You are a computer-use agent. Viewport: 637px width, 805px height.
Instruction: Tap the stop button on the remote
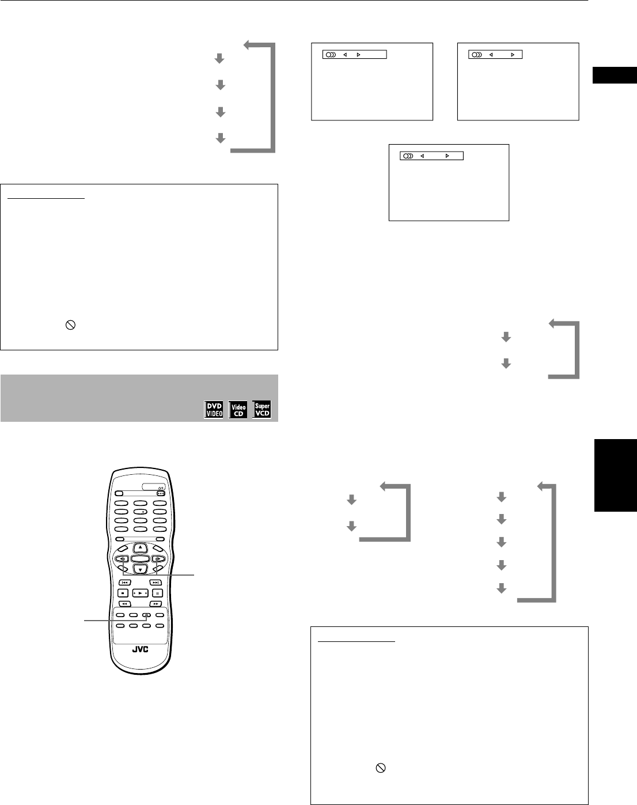click(123, 593)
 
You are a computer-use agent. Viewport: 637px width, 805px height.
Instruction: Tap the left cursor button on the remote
click(123, 558)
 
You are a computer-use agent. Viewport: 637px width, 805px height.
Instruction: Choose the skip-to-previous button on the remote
click(125, 583)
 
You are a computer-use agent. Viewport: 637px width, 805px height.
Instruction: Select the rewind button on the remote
click(125, 604)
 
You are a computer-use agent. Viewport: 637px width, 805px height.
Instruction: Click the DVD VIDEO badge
click(214, 410)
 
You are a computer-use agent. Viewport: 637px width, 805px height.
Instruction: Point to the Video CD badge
click(238, 410)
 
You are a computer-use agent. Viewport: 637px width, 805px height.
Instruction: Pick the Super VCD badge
click(262, 410)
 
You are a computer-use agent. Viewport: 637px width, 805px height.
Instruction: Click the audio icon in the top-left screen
click(329, 55)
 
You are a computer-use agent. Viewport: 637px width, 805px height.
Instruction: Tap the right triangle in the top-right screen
click(512, 55)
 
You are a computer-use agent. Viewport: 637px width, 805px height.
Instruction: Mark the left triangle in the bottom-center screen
click(422, 156)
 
